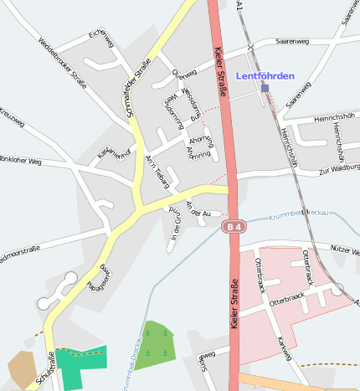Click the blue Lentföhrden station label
(x=265, y=76)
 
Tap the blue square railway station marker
(x=265, y=87)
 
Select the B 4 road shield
(x=234, y=226)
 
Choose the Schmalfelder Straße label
(x=136, y=85)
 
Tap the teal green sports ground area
(x=82, y=358)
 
